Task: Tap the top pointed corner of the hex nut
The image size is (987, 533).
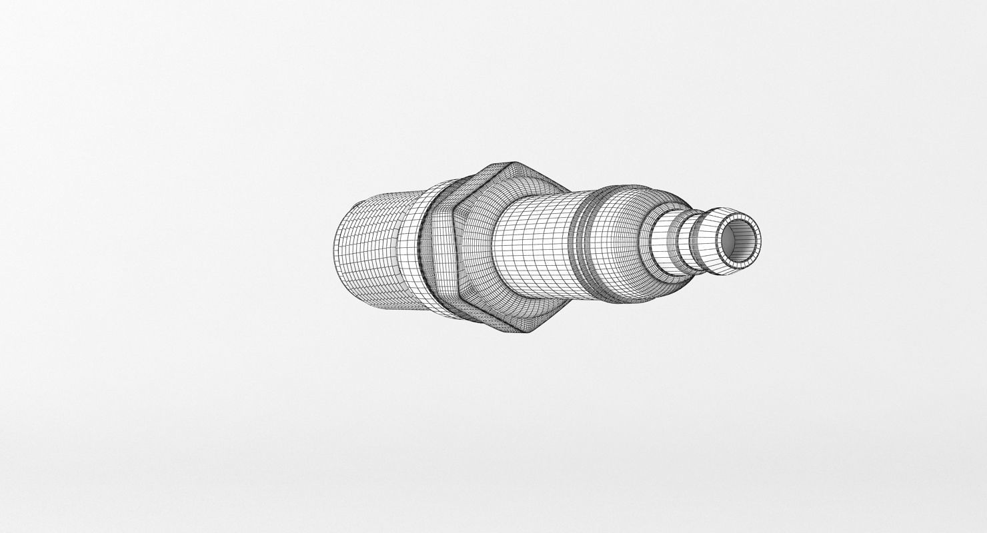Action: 510,164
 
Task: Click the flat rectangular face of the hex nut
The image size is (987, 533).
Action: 440,257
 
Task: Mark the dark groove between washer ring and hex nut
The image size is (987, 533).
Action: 423,253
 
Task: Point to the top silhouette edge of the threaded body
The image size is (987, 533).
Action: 380,193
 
